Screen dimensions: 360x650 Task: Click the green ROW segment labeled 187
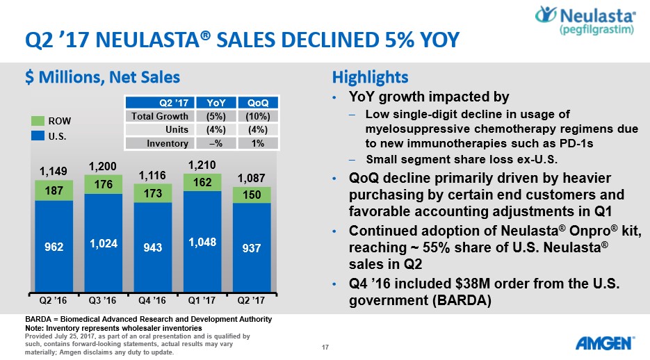coord(54,191)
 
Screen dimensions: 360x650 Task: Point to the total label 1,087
coord(252,178)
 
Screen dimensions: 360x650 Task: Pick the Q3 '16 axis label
coord(103,301)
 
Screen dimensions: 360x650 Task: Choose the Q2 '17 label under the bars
coord(252,301)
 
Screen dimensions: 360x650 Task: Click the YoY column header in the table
coord(211,103)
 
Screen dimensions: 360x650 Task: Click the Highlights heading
coord(370,76)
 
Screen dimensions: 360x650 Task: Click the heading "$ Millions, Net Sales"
coord(102,77)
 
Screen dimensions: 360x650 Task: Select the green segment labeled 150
coord(252,195)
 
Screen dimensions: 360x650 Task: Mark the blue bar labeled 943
coord(152,247)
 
